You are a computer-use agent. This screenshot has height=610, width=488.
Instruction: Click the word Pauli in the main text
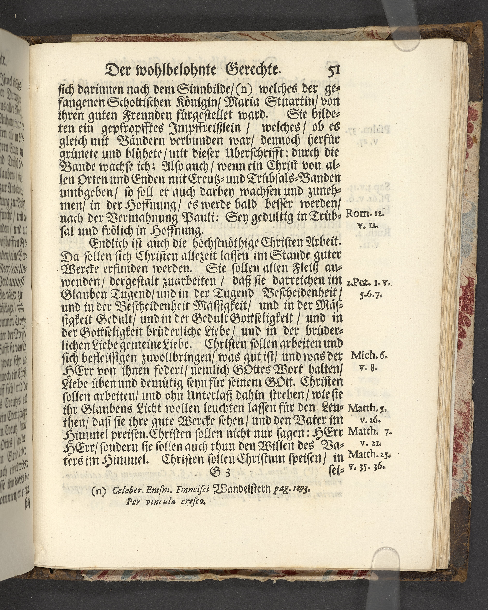pos(184,218)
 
